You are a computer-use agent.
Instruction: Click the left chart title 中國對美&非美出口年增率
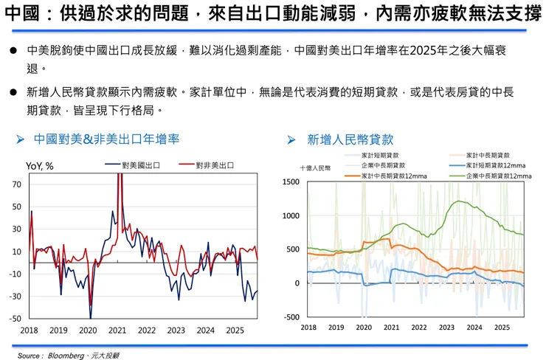[107, 139]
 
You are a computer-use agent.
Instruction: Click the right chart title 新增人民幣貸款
[350, 139]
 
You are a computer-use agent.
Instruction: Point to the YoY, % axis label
[39, 165]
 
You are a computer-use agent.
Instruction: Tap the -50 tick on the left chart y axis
[15, 319]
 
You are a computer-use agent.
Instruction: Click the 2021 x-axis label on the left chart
[117, 330]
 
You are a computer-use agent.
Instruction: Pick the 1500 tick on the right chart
[291, 181]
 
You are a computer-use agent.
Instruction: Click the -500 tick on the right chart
[293, 317]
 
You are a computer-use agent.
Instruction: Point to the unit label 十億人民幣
[315, 167]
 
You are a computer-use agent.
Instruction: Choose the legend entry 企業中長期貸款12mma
[500, 176]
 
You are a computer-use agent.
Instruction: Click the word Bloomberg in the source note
[69, 354]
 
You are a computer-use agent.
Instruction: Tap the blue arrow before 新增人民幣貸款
[291, 139]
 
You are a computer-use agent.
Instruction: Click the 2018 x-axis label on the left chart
[30, 330]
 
